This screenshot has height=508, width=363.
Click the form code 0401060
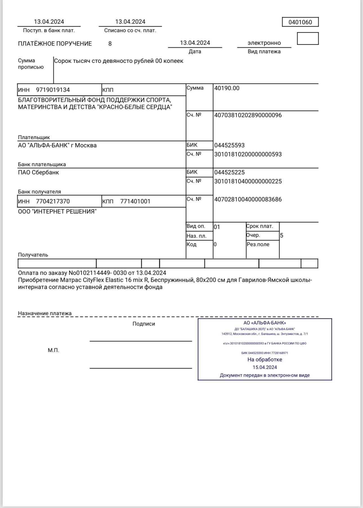click(300, 22)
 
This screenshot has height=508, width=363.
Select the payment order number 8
click(110, 44)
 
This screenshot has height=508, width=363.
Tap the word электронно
click(264, 43)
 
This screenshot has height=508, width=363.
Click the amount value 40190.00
click(227, 88)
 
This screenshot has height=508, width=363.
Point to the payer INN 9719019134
click(53, 90)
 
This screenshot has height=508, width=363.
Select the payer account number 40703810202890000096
click(248, 115)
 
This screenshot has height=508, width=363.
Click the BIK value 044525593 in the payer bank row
click(229, 145)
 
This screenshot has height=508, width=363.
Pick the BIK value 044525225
click(229, 172)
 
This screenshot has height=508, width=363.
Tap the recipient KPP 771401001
click(135, 201)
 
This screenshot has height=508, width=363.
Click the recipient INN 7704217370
click(53, 201)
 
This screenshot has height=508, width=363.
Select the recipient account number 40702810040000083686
click(248, 199)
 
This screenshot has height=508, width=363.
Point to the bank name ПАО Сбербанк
click(39, 172)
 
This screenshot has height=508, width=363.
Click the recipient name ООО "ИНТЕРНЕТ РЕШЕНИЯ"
click(57, 211)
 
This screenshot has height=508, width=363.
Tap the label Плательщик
click(34, 137)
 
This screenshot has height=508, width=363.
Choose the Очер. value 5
click(282, 235)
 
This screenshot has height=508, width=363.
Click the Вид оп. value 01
click(217, 227)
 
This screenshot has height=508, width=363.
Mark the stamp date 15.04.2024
click(265, 367)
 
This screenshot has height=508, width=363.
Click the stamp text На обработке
click(265, 359)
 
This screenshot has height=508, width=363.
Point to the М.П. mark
click(53, 350)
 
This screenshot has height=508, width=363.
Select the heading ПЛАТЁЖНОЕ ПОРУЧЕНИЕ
click(55, 44)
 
